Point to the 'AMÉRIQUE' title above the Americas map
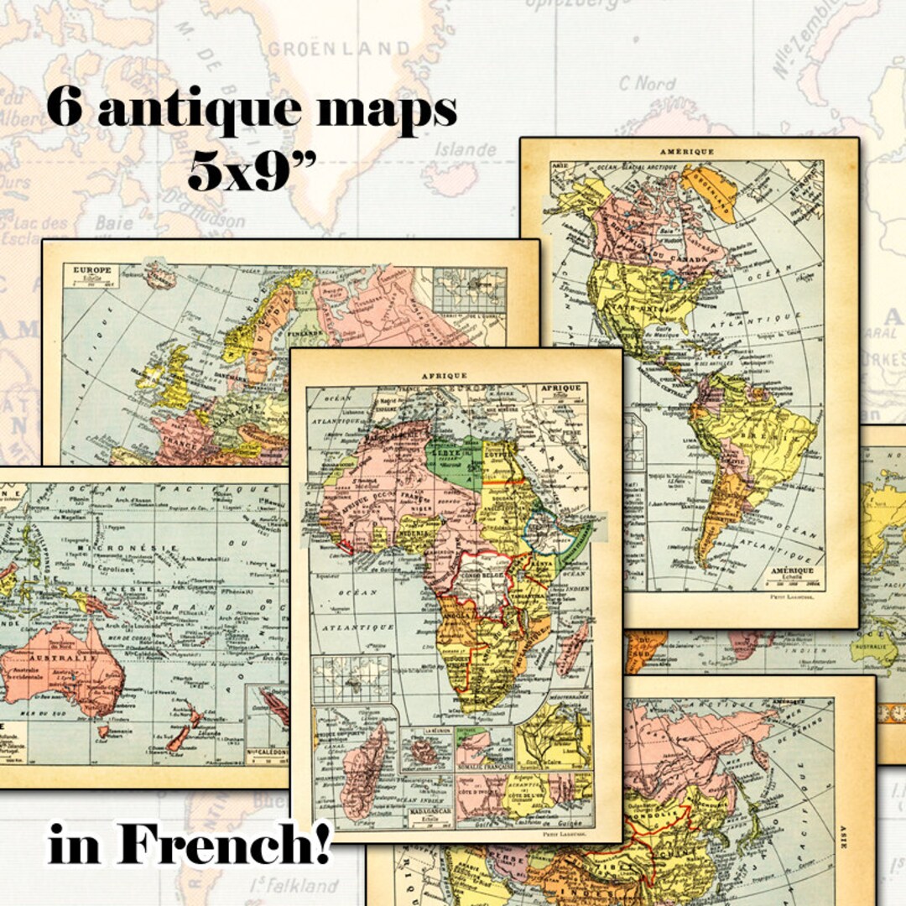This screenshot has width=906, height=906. [x=687, y=151]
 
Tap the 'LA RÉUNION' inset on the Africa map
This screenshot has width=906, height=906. [x=425, y=748]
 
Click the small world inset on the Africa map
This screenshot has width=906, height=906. [x=351, y=678]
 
